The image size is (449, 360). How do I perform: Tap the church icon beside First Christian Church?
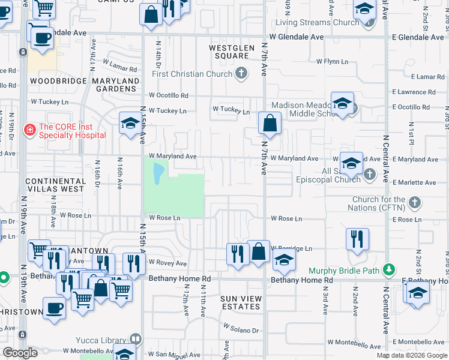(241, 74)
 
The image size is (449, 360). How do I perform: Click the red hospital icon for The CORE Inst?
(28, 129)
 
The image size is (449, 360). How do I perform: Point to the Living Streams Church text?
(317, 23)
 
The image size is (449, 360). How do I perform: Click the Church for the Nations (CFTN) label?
(379, 204)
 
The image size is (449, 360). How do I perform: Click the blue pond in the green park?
(157, 175)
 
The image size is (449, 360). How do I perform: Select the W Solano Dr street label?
(241, 329)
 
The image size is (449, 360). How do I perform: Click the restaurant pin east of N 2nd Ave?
(357, 238)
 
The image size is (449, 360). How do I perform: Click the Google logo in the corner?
(20, 353)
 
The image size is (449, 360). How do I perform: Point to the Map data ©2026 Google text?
(411, 355)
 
